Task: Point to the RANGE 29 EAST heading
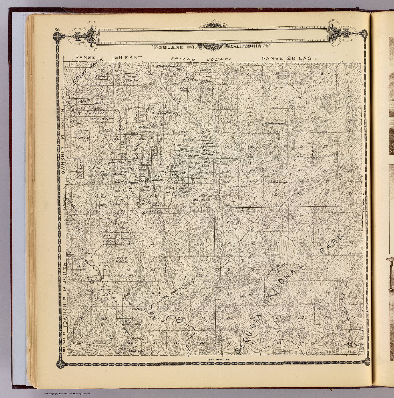click(x=290, y=58)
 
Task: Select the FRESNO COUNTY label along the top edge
click(x=200, y=59)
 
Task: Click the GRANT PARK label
click(x=87, y=71)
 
